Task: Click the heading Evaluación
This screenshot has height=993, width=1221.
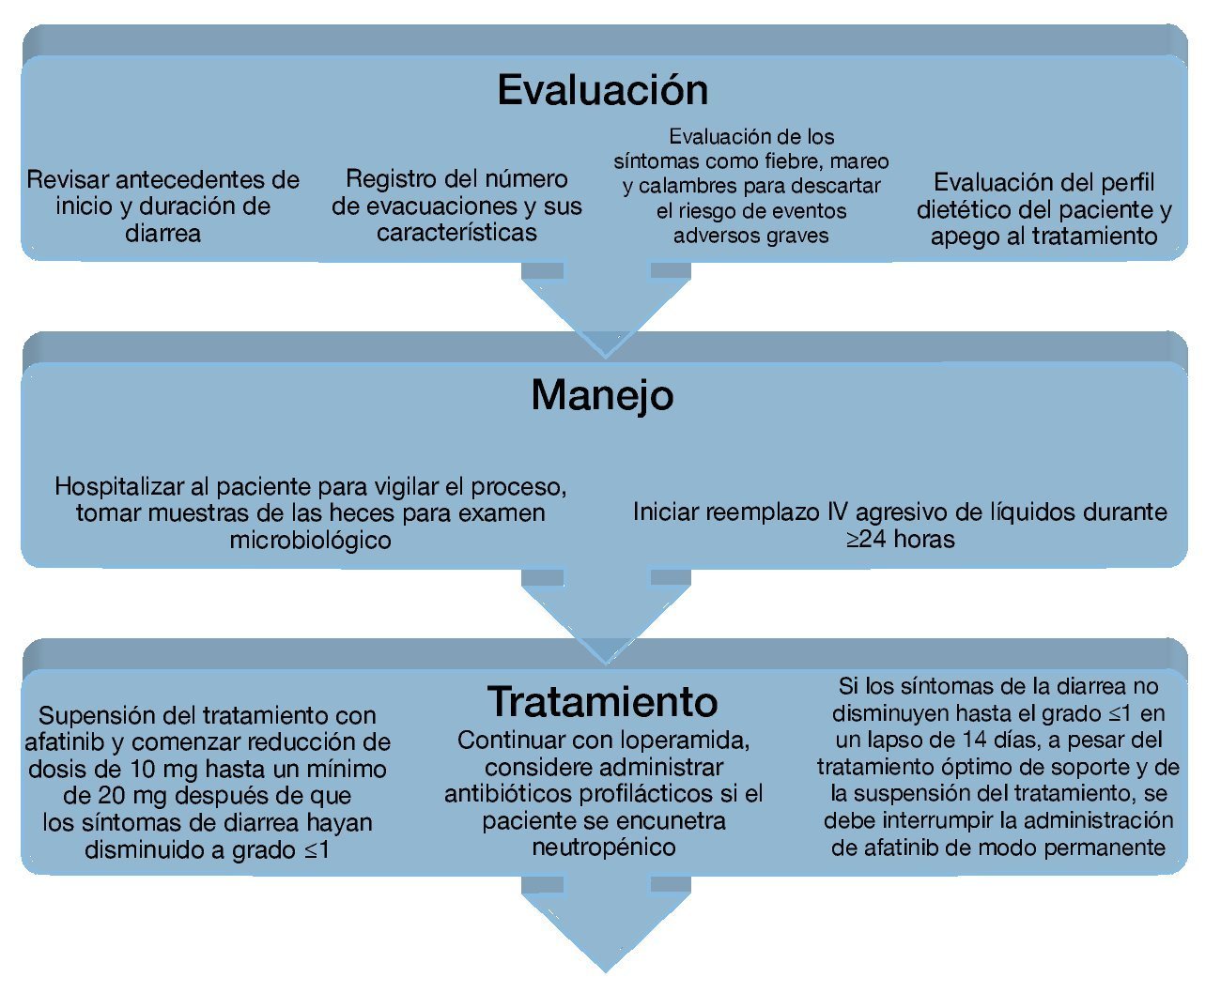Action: click(x=602, y=90)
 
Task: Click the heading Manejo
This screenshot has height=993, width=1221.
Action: click(x=602, y=395)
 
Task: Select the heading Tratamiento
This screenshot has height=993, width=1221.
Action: click(x=602, y=702)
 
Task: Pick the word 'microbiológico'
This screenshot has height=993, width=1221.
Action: click(x=310, y=541)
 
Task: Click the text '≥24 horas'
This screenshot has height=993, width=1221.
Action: click(x=900, y=540)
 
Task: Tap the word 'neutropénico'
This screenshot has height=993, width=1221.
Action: click(x=603, y=848)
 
